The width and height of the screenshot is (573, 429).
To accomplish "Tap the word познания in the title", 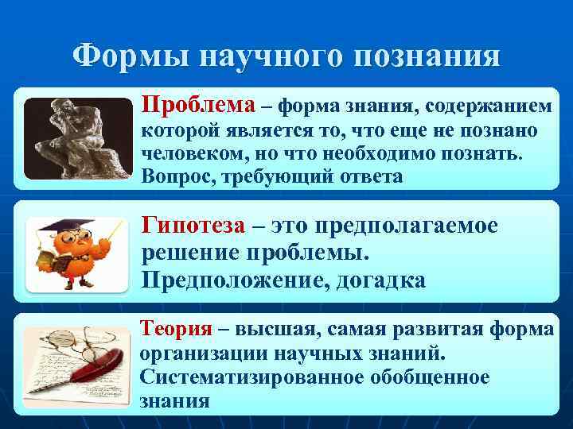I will point(429,57).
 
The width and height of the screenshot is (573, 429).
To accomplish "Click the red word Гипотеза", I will point(193,226).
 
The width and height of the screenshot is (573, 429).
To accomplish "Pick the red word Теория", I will point(175,327).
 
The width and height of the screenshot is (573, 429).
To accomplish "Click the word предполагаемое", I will point(407,226).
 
